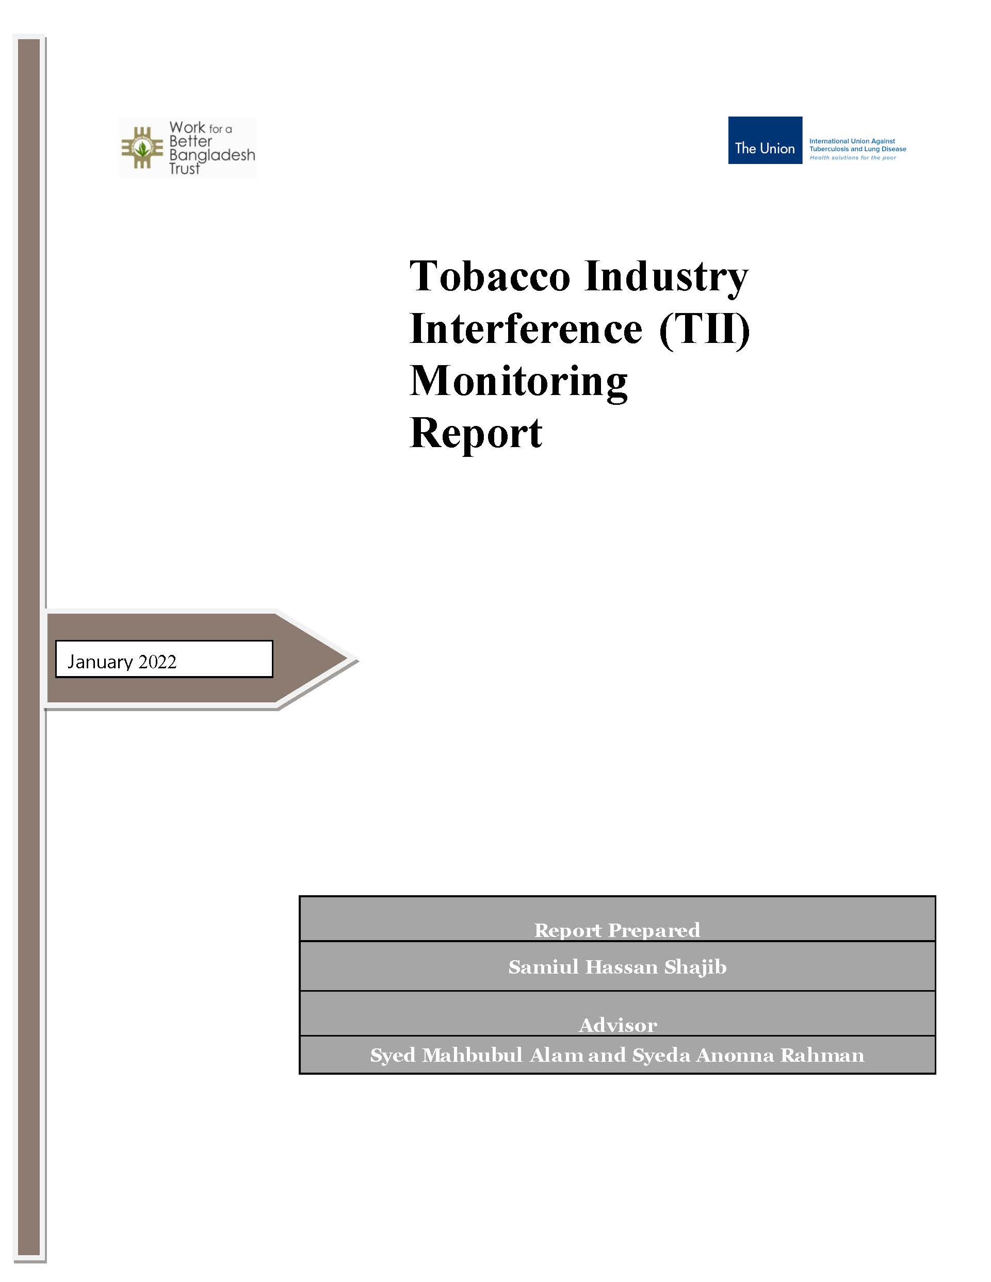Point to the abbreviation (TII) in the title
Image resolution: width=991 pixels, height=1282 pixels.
tap(705, 330)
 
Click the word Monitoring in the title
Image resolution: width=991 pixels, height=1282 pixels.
tap(519, 383)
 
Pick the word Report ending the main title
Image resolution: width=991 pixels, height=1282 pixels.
tap(476, 435)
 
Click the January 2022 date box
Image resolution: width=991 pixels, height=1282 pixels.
tap(165, 659)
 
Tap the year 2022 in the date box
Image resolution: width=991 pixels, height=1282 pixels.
tap(157, 662)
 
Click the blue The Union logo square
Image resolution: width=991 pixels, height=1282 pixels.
tap(765, 140)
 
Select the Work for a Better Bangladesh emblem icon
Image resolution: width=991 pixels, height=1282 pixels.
tap(142, 148)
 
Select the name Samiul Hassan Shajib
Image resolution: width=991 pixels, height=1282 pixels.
tap(617, 967)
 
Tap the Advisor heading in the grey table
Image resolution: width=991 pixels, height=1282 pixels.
tap(618, 1025)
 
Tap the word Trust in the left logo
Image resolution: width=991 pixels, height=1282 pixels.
tap(184, 169)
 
